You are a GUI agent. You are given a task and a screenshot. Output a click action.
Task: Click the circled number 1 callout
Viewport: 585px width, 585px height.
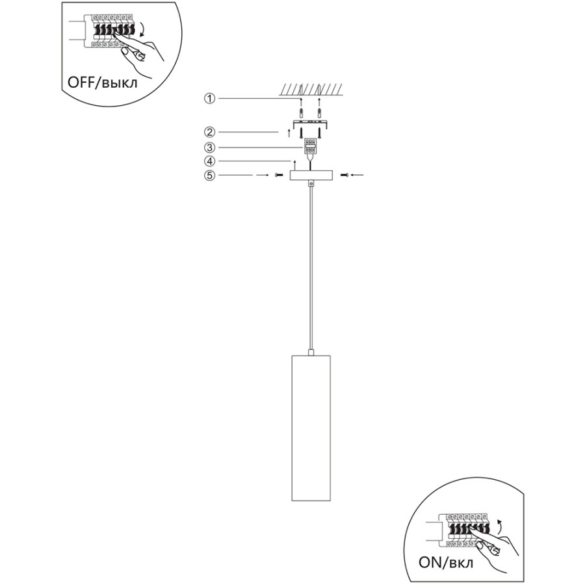(x=210, y=99)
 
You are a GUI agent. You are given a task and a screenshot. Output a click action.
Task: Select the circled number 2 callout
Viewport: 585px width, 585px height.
(x=210, y=132)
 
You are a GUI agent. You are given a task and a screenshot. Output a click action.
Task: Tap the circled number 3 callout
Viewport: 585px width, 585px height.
(x=210, y=148)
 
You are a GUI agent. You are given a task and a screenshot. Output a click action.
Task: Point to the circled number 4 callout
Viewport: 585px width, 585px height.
(x=210, y=161)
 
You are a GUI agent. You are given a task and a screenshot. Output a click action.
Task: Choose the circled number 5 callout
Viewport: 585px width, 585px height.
(x=210, y=175)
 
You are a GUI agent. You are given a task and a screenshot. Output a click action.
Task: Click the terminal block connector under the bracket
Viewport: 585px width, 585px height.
(x=311, y=146)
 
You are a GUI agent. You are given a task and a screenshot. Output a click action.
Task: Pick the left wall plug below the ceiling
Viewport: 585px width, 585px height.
(x=301, y=112)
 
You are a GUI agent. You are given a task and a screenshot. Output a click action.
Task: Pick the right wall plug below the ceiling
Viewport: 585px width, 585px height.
(x=319, y=112)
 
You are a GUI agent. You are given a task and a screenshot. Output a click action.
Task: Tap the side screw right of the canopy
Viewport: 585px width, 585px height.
(x=344, y=175)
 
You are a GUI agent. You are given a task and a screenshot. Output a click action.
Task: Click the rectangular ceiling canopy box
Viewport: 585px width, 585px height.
(x=311, y=175)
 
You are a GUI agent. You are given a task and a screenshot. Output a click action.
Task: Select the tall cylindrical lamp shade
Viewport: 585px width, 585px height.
(x=311, y=428)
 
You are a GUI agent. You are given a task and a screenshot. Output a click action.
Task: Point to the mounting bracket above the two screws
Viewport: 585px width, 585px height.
(x=311, y=123)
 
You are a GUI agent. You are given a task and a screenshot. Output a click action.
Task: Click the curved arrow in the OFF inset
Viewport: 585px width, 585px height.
(x=142, y=29)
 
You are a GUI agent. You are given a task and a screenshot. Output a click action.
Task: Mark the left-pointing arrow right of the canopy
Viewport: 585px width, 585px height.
(x=357, y=175)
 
